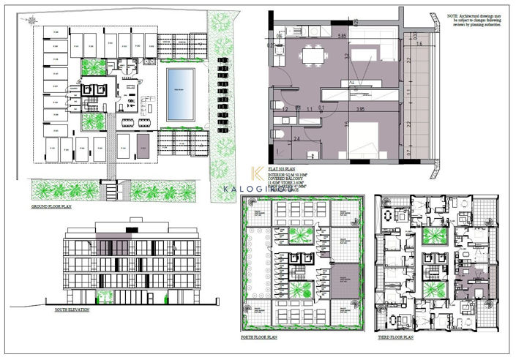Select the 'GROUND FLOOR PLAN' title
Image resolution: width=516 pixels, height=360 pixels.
coord(51,208)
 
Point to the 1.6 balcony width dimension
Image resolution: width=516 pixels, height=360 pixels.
coord(419,44)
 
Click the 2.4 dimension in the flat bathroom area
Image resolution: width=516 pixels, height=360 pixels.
coord(296,138)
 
